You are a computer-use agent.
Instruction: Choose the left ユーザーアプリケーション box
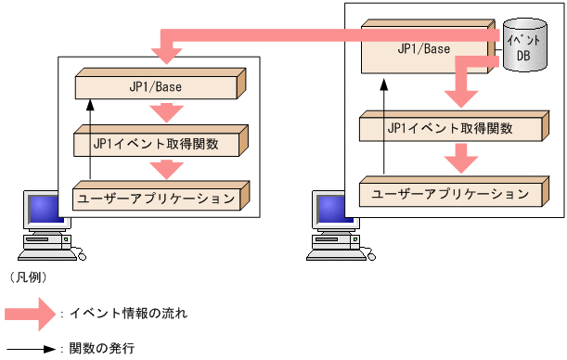point(158,198)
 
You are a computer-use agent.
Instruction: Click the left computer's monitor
point(44,210)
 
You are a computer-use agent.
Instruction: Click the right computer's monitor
point(330,210)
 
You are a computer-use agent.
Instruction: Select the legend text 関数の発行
point(104,349)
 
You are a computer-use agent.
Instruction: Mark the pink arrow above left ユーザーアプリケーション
point(168,169)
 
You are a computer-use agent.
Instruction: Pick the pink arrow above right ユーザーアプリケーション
point(461,158)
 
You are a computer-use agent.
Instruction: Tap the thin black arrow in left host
point(91,139)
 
